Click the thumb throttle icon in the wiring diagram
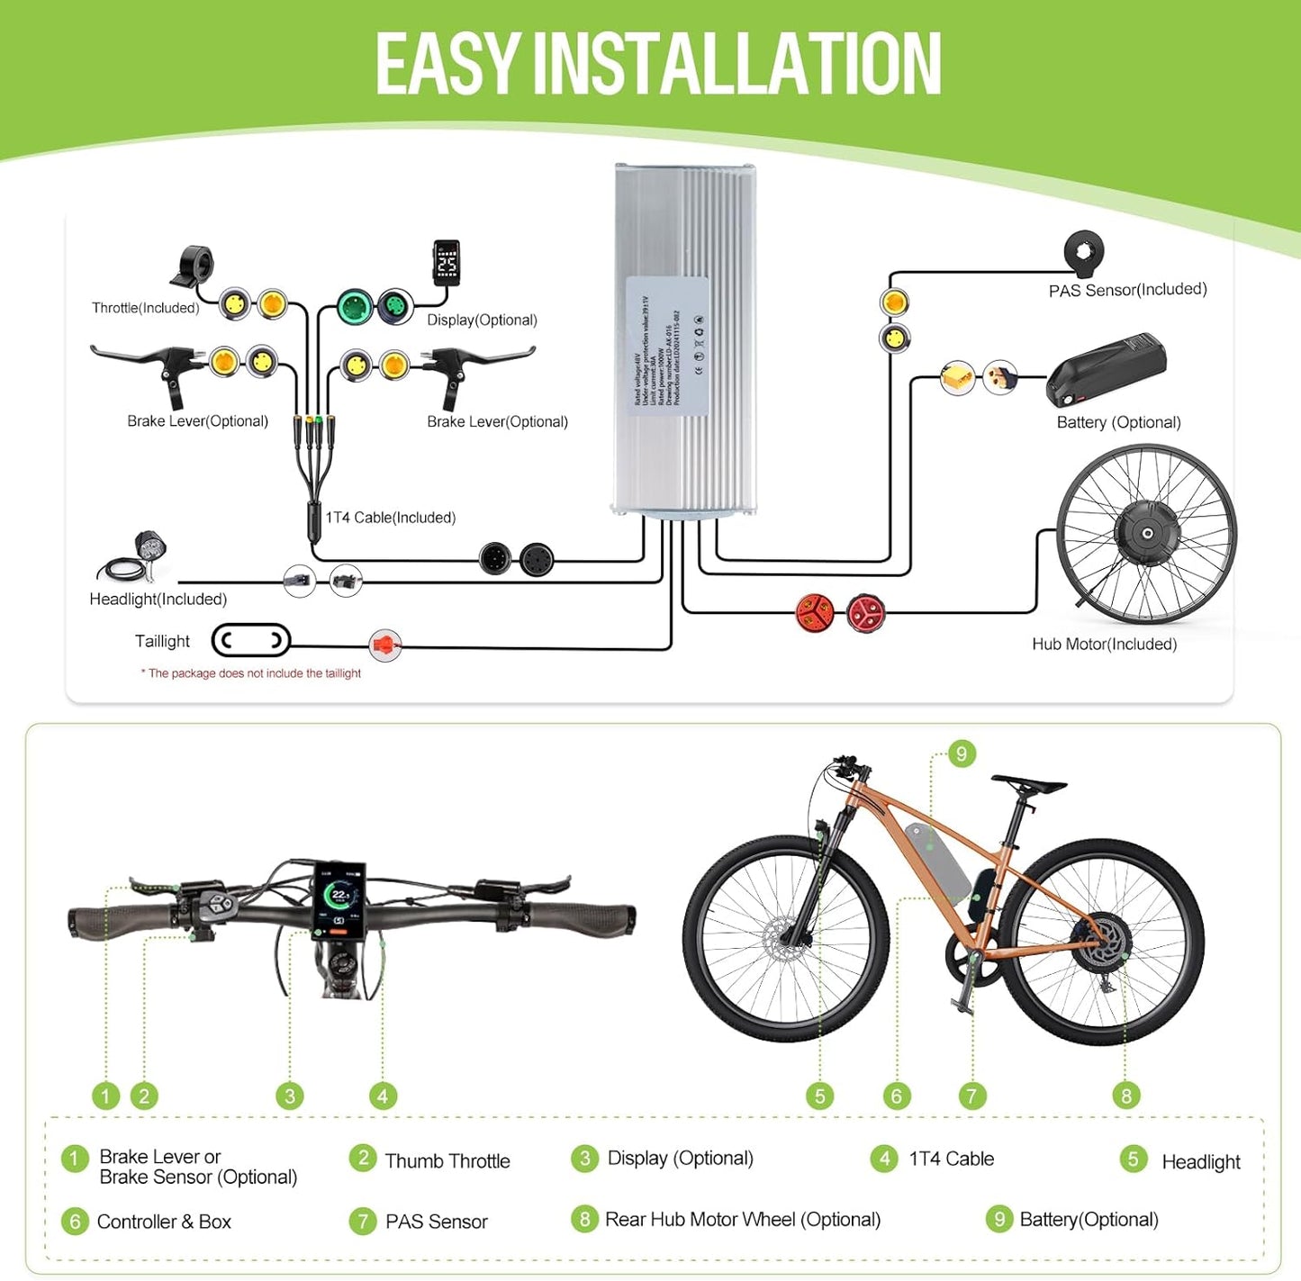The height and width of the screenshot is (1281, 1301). click(192, 266)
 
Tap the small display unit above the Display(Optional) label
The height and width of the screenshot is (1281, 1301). click(447, 263)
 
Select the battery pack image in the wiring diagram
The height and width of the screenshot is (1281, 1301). click(1107, 370)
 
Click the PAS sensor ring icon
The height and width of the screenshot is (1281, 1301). click(1083, 252)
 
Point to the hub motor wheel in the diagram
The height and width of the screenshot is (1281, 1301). click(1146, 534)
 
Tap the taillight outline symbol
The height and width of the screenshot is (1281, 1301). click(251, 641)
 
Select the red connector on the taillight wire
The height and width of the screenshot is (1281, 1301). click(384, 645)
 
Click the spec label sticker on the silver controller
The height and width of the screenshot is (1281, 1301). click(667, 347)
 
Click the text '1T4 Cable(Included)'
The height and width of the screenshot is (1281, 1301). click(390, 518)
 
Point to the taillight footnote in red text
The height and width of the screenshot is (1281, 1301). click(250, 673)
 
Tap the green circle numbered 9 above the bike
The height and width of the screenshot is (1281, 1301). click(962, 753)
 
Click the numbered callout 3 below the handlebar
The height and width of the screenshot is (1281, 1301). click(289, 1096)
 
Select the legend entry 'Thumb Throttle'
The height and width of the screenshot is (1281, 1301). click(447, 1160)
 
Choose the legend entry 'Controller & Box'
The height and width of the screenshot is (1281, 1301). click(164, 1222)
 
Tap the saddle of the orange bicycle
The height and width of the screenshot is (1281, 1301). click(1029, 782)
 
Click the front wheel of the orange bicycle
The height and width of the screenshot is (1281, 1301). click(785, 939)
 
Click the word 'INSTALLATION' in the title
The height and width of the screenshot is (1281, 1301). click(737, 64)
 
